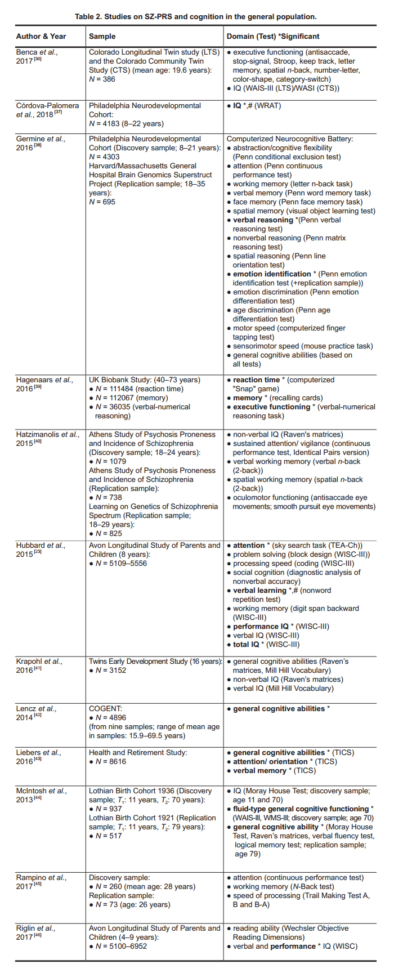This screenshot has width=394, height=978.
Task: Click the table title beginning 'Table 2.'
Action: (x=196, y=16)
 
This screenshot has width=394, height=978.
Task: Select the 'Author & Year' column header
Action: (x=41, y=36)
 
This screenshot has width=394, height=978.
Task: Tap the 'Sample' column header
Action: (x=102, y=36)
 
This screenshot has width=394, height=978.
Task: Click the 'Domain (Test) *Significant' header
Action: (x=273, y=36)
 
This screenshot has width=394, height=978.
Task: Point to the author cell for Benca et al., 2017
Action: (x=37, y=56)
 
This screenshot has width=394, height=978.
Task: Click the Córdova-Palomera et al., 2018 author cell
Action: (x=47, y=110)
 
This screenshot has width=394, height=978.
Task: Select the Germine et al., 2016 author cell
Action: (x=40, y=143)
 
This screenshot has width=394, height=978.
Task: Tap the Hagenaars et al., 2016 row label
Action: (x=44, y=384)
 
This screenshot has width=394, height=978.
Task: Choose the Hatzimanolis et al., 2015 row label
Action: (x=46, y=439)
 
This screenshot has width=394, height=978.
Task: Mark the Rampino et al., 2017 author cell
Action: (x=41, y=882)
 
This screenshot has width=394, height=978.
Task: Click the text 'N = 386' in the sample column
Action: (x=102, y=79)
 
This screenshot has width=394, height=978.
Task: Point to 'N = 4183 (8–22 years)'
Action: (x=126, y=123)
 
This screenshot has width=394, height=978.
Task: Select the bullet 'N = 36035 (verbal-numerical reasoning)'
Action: (x=141, y=411)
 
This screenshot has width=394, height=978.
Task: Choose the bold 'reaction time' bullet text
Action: (x=257, y=380)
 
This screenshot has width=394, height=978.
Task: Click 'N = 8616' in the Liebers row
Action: (x=110, y=762)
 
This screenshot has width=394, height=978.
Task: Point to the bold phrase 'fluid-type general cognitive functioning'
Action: (x=301, y=809)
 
